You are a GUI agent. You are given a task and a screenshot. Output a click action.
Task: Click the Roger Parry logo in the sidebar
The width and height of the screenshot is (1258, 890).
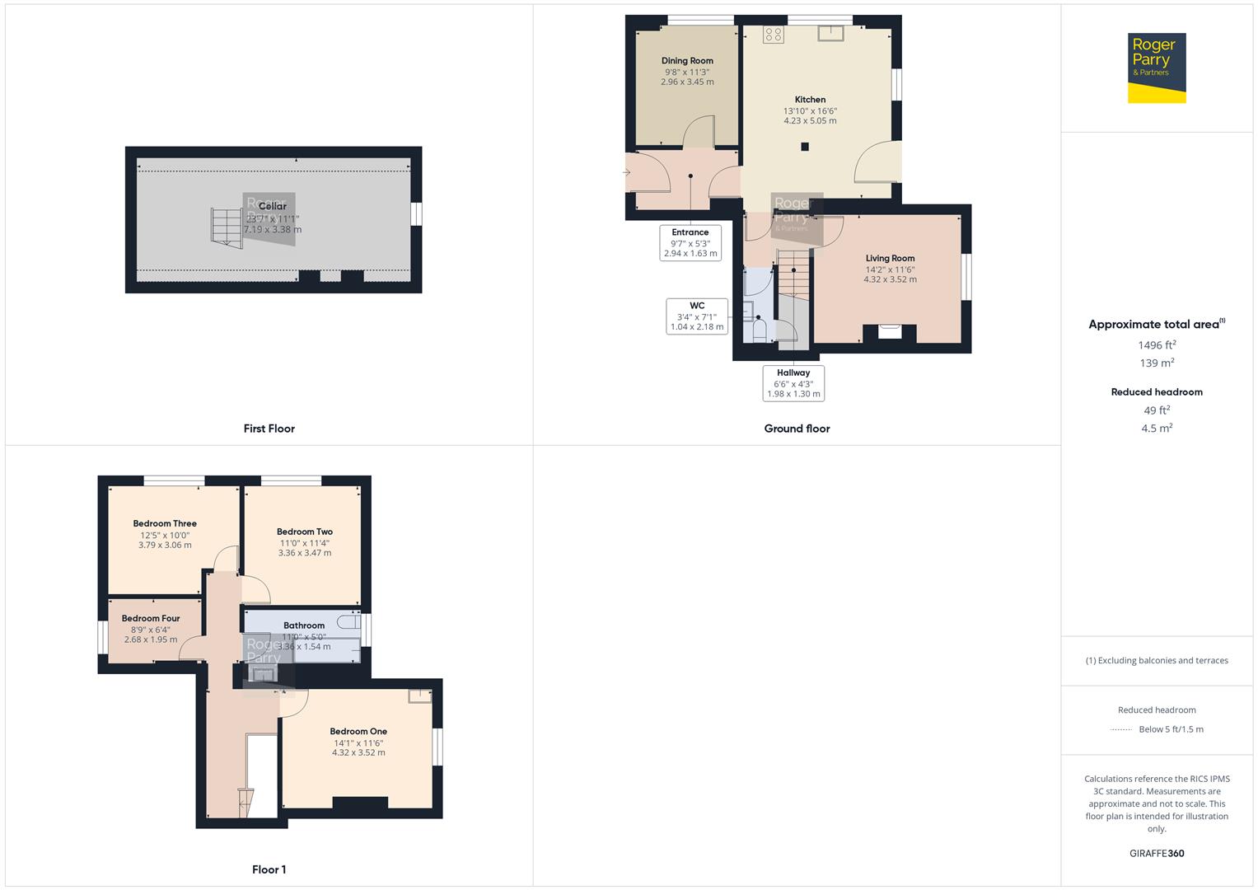tap(1157, 68)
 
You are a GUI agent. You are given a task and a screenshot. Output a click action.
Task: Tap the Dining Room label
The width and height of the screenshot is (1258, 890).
tap(687, 61)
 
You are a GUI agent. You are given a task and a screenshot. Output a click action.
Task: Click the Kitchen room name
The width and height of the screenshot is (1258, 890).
tap(810, 100)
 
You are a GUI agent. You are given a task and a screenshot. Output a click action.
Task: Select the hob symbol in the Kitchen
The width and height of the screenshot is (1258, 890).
tap(773, 34)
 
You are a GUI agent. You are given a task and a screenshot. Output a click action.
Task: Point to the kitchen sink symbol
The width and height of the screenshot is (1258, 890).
tap(830, 33)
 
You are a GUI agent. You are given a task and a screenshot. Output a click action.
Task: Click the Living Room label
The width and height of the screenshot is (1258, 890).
tap(890, 258)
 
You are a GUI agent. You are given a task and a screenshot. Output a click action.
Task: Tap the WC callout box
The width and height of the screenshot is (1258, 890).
tap(697, 316)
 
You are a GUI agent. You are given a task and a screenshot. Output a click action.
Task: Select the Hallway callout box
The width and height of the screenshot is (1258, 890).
tap(793, 383)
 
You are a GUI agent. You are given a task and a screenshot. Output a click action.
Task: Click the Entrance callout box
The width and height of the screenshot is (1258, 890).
tap(690, 243)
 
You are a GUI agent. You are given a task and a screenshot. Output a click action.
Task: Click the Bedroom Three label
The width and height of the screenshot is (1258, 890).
tap(165, 523)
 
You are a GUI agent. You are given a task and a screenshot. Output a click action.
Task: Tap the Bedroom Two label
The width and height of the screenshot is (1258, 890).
tap(305, 532)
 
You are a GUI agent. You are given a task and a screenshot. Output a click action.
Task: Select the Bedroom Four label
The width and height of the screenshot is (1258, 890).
tap(151, 618)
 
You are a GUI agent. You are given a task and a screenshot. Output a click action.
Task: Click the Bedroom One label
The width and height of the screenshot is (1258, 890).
tap(358, 731)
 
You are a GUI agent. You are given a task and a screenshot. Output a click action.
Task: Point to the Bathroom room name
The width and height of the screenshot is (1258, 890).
tap(304, 625)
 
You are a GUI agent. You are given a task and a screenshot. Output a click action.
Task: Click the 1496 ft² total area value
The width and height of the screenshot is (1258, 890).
tap(1157, 345)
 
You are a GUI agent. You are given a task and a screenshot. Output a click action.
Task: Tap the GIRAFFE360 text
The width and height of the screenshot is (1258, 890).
tap(1157, 853)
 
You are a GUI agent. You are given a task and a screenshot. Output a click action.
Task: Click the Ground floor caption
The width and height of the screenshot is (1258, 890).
tap(797, 429)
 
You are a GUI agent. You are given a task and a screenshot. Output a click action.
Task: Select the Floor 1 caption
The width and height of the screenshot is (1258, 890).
tap(269, 869)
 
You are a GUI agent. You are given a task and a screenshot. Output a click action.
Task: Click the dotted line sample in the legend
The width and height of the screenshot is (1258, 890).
tap(1121, 729)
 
